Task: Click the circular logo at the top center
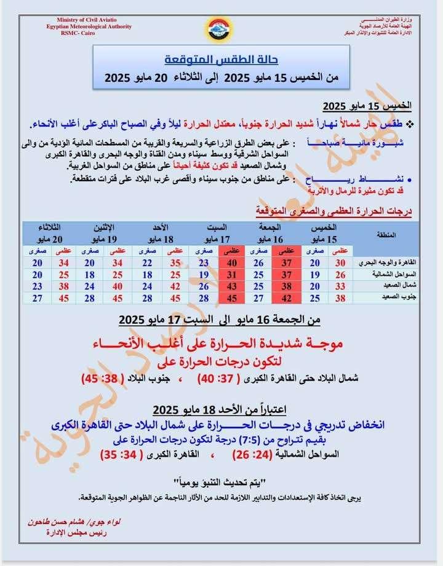coord(218,29)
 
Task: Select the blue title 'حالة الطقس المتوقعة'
coord(221,60)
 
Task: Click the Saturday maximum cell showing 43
coord(231,286)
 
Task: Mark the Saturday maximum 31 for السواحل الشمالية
coord(231,274)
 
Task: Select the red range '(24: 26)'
coord(255,455)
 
